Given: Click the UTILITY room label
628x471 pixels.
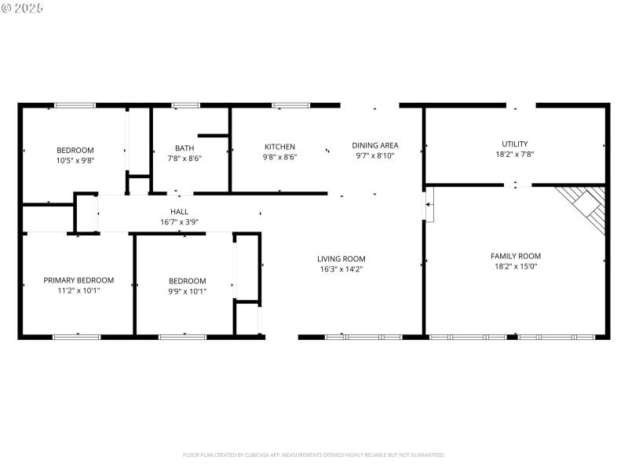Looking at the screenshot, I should (x=515, y=144).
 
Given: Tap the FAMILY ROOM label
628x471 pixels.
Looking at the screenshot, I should (x=515, y=256).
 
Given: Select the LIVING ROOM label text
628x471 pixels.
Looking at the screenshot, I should (x=341, y=259).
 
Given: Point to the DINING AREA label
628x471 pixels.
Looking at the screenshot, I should (x=374, y=145).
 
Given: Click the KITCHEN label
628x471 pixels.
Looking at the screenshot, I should (x=279, y=147).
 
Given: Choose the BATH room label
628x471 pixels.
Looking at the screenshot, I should (x=184, y=148).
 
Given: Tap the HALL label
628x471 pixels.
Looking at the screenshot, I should (x=179, y=211).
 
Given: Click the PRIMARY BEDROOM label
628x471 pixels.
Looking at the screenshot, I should (x=78, y=280).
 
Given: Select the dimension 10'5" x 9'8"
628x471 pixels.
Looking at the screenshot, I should (x=75, y=160).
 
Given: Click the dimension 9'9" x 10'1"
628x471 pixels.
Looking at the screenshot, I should (x=188, y=290).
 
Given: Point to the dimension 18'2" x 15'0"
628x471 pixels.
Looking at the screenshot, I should (x=515, y=266).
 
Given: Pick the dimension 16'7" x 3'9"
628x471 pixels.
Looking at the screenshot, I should (x=179, y=221).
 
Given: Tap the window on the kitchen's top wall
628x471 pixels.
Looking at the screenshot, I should (x=290, y=104).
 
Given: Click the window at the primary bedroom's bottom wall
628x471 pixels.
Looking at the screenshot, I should (x=77, y=337).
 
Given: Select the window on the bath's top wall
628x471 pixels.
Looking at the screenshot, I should (x=185, y=104).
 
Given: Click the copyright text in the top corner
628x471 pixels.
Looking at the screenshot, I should (x=23, y=7).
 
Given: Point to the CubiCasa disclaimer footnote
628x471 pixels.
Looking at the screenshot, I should (x=314, y=455).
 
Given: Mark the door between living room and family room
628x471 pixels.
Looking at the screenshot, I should (x=429, y=209).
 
